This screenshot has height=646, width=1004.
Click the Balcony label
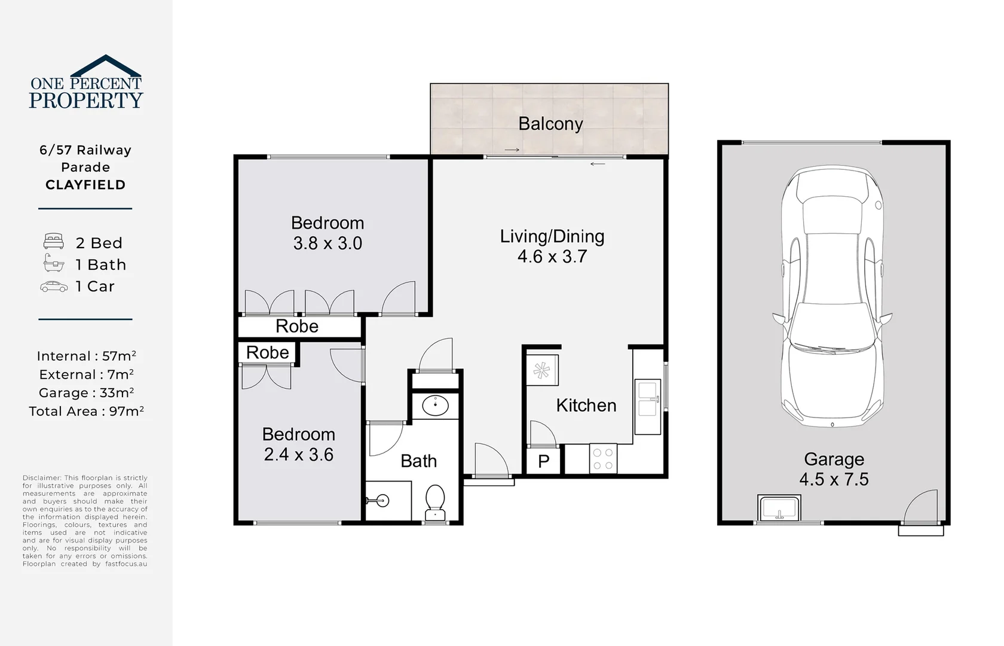click(x=550, y=124)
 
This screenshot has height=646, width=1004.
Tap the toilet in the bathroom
click(x=435, y=501)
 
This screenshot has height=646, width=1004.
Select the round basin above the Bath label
click(x=435, y=406)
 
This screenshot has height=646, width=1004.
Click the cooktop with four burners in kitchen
click(x=602, y=459)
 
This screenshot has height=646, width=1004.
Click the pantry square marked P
click(x=543, y=461)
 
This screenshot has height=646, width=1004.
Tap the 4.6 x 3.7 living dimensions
click(x=552, y=257)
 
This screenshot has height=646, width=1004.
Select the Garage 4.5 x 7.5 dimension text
click(x=834, y=480)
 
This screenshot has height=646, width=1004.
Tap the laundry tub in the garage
click(x=779, y=508)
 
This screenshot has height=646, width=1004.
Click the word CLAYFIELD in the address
click(x=85, y=185)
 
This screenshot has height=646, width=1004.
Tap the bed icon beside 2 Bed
click(x=53, y=242)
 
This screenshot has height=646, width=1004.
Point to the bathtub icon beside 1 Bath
click(x=53, y=263)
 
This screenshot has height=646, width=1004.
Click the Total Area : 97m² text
click(x=86, y=412)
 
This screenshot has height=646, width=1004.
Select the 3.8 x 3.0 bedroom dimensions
click(x=327, y=243)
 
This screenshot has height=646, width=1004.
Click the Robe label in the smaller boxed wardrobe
click(x=267, y=353)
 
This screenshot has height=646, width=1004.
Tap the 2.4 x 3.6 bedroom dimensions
click(x=298, y=455)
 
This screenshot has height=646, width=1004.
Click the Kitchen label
click(x=586, y=406)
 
